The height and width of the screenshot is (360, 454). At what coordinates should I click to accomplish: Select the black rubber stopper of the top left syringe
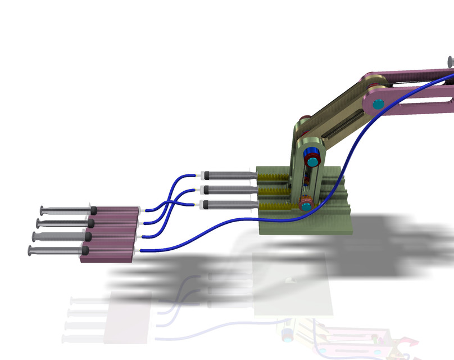[94, 210]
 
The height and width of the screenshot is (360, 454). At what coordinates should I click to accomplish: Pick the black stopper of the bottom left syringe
[85, 250]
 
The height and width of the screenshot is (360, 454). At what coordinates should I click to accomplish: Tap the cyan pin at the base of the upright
[306, 206]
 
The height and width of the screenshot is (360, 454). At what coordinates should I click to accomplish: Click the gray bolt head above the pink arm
[451, 61]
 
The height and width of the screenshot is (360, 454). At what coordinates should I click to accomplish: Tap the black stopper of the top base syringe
[207, 174]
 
